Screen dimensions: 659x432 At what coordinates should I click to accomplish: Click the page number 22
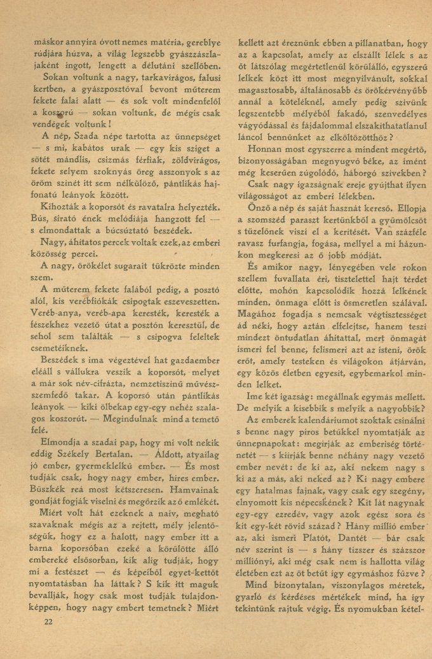(x=48, y=621)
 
